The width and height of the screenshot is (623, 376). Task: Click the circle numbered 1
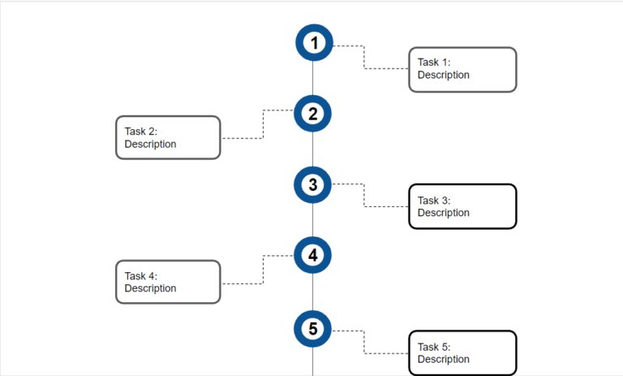[x=313, y=43]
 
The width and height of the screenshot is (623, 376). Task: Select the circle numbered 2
[x=313, y=114]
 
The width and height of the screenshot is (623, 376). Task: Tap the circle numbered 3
[x=313, y=184]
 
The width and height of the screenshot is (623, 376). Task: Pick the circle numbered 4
[x=313, y=255]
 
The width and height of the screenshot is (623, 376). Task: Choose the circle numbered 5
[x=313, y=329]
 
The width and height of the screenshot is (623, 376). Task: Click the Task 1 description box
[x=462, y=69]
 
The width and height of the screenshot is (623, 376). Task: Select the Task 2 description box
[x=168, y=137]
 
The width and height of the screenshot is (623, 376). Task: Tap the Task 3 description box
[x=462, y=206]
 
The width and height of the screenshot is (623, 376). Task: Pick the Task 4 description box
[x=168, y=282]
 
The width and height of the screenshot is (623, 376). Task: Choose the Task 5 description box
[x=462, y=352]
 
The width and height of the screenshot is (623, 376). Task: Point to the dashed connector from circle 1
[x=363, y=58]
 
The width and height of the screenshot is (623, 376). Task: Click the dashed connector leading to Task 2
[x=263, y=124]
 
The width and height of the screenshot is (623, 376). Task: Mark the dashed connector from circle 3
[x=363, y=196]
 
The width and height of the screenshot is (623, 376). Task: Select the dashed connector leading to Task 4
[x=263, y=270]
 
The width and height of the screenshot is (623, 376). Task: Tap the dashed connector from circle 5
[x=363, y=342]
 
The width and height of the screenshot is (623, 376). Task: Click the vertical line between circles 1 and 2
[x=313, y=79]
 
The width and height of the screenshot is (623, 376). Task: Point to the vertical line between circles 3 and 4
[x=313, y=220]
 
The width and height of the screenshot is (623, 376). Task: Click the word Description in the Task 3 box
[x=443, y=213]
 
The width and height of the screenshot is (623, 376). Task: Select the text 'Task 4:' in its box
[x=140, y=276]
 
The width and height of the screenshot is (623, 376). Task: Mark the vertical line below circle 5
[x=313, y=362]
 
